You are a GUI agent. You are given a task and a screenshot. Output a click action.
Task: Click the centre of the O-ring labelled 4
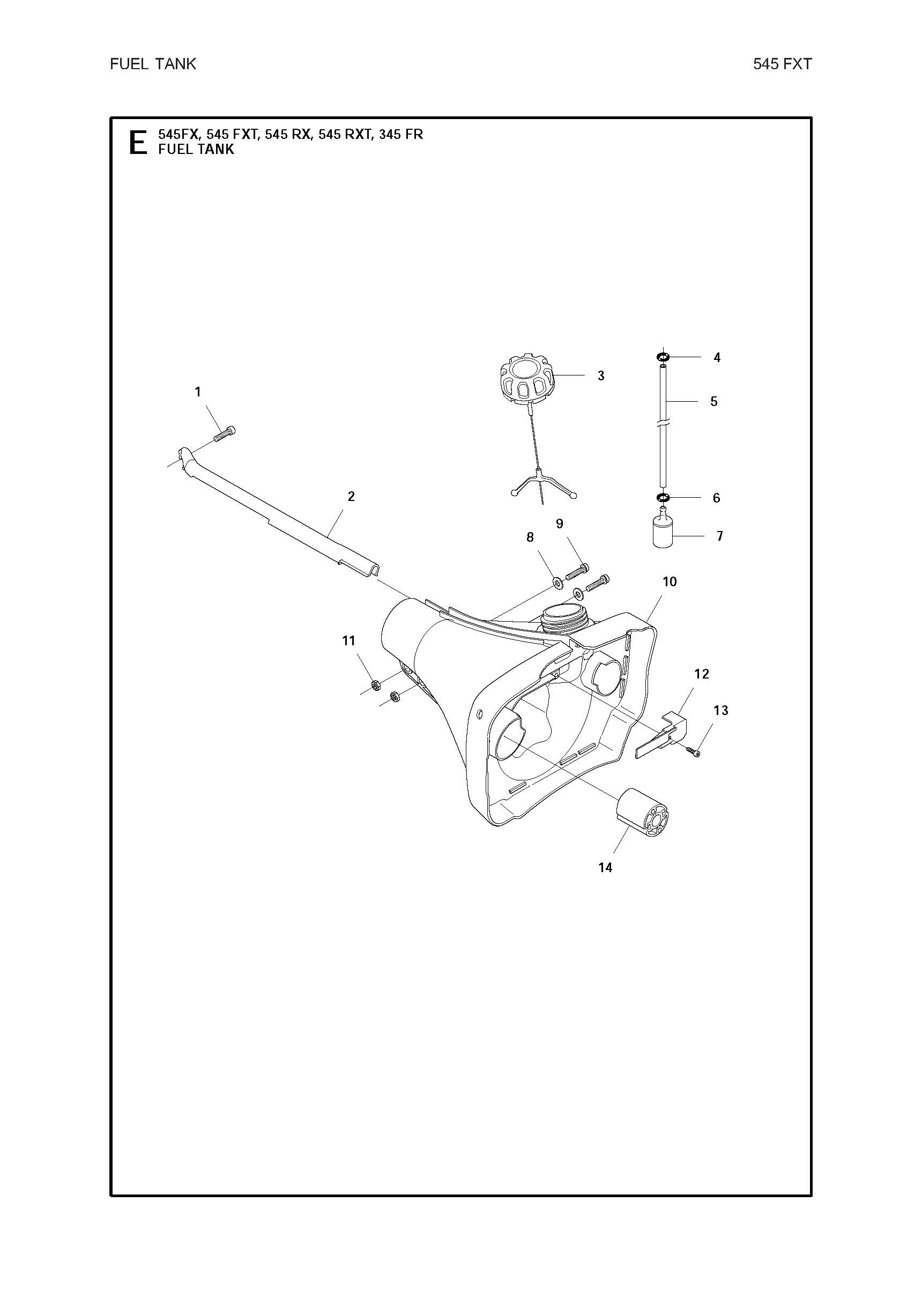click(663, 357)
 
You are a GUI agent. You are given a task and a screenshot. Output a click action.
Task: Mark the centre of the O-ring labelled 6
click(663, 498)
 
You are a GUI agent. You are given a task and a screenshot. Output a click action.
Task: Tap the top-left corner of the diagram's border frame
click(111, 118)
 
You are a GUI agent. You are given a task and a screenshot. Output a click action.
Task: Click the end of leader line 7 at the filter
click(673, 535)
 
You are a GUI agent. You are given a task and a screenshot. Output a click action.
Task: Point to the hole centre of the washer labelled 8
click(557, 581)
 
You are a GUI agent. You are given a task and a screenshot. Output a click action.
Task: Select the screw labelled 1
click(225, 433)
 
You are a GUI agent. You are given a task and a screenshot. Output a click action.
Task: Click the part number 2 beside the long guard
click(351, 496)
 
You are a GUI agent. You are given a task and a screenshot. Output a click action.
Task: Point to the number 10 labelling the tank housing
click(670, 581)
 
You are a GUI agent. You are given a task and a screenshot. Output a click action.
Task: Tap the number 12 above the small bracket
click(702, 674)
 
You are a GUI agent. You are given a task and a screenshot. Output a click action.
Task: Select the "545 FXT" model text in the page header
click(782, 64)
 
